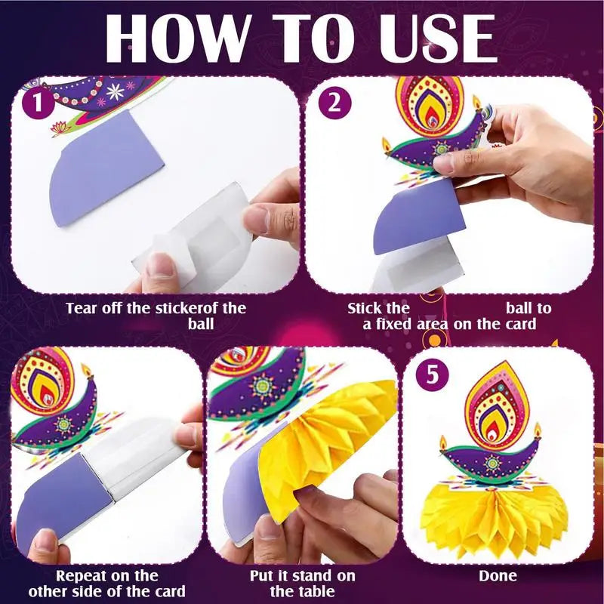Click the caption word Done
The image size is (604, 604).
click(498, 576)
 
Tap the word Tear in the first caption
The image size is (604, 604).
click(82, 308)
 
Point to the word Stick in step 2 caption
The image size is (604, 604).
click(367, 308)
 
